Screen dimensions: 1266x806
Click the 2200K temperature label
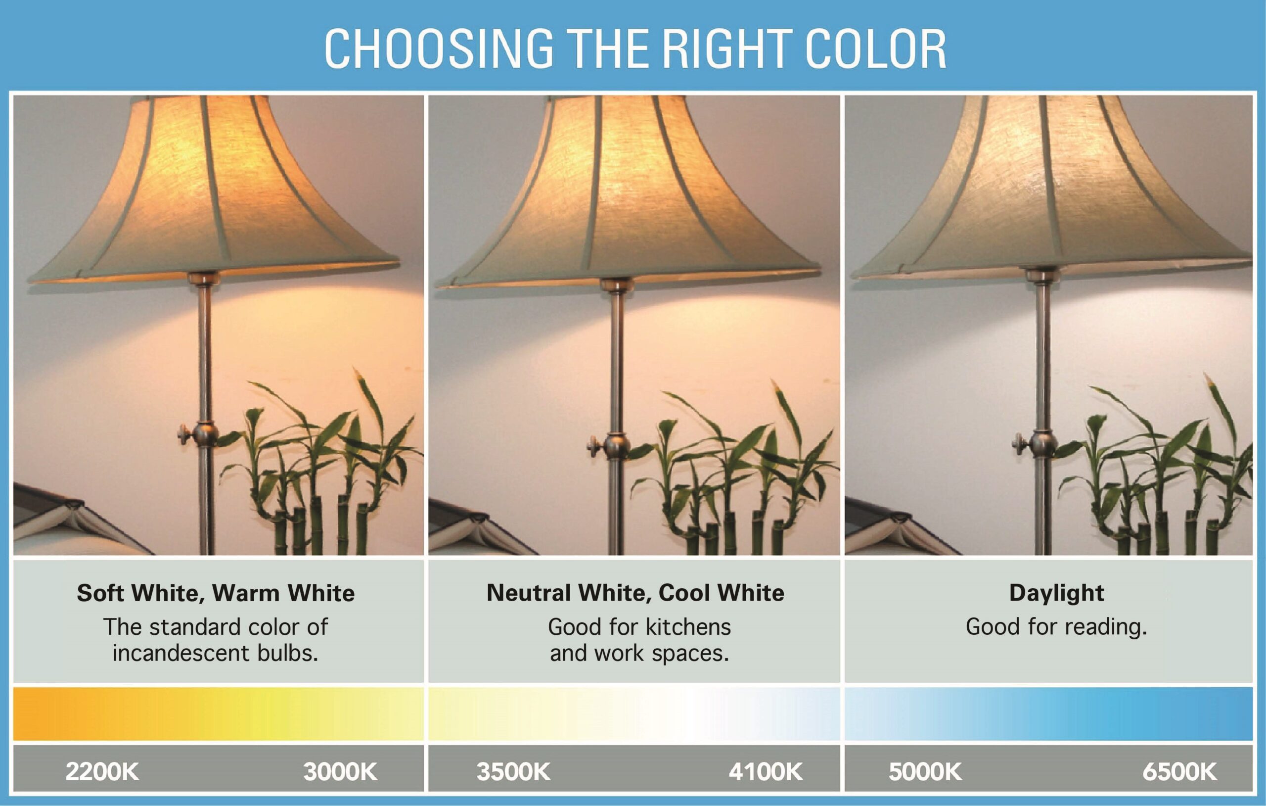click(102, 772)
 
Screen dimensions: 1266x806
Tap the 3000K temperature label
click(340, 772)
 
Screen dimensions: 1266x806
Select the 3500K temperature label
click(513, 772)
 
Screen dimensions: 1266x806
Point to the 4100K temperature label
click(766, 772)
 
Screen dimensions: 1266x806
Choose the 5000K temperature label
click(925, 772)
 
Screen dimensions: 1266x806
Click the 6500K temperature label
click(1180, 772)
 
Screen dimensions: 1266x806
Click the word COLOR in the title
click(875, 48)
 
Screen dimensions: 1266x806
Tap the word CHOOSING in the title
click(439, 48)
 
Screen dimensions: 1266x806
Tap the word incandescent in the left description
click(181, 654)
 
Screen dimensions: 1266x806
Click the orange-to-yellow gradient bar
click(218, 713)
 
